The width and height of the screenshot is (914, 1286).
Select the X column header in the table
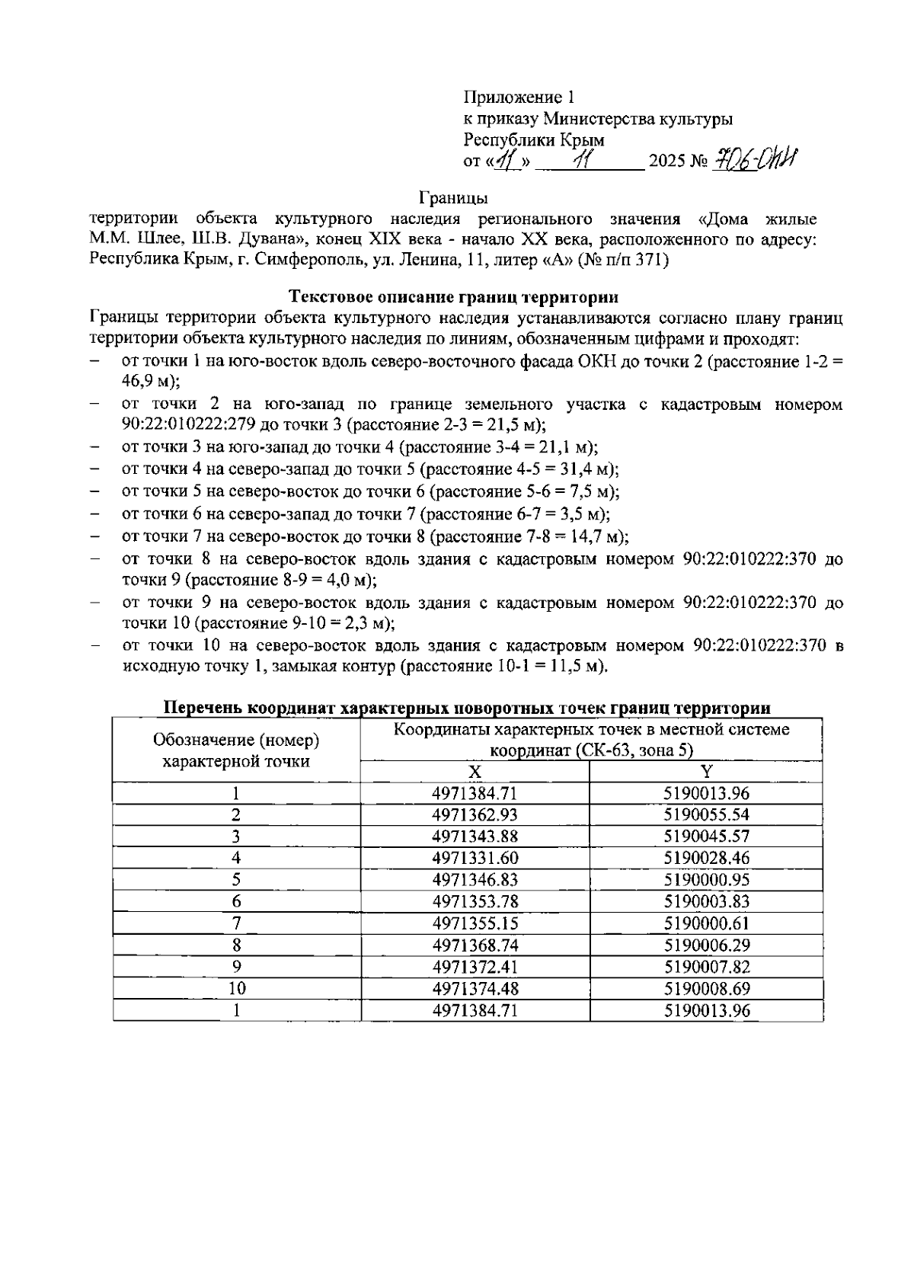click(475, 772)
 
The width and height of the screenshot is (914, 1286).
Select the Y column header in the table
click(706, 772)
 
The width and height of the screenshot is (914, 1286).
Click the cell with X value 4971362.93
click(475, 814)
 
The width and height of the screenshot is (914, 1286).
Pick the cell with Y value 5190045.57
click(706, 836)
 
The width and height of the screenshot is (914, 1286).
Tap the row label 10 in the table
click(237, 989)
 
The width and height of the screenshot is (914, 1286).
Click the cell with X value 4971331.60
click(475, 858)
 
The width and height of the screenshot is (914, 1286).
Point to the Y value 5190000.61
click(706, 923)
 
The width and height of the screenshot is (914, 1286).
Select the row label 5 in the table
click(237, 880)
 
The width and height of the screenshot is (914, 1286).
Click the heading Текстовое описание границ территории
click(454, 296)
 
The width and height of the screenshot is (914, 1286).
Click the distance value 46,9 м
click(148, 382)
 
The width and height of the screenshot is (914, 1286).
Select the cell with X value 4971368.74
click(475, 945)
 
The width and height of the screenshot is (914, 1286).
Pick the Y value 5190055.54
click(706, 814)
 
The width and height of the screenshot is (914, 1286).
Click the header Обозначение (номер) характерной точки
click(236, 750)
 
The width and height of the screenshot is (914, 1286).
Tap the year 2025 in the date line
click(667, 162)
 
